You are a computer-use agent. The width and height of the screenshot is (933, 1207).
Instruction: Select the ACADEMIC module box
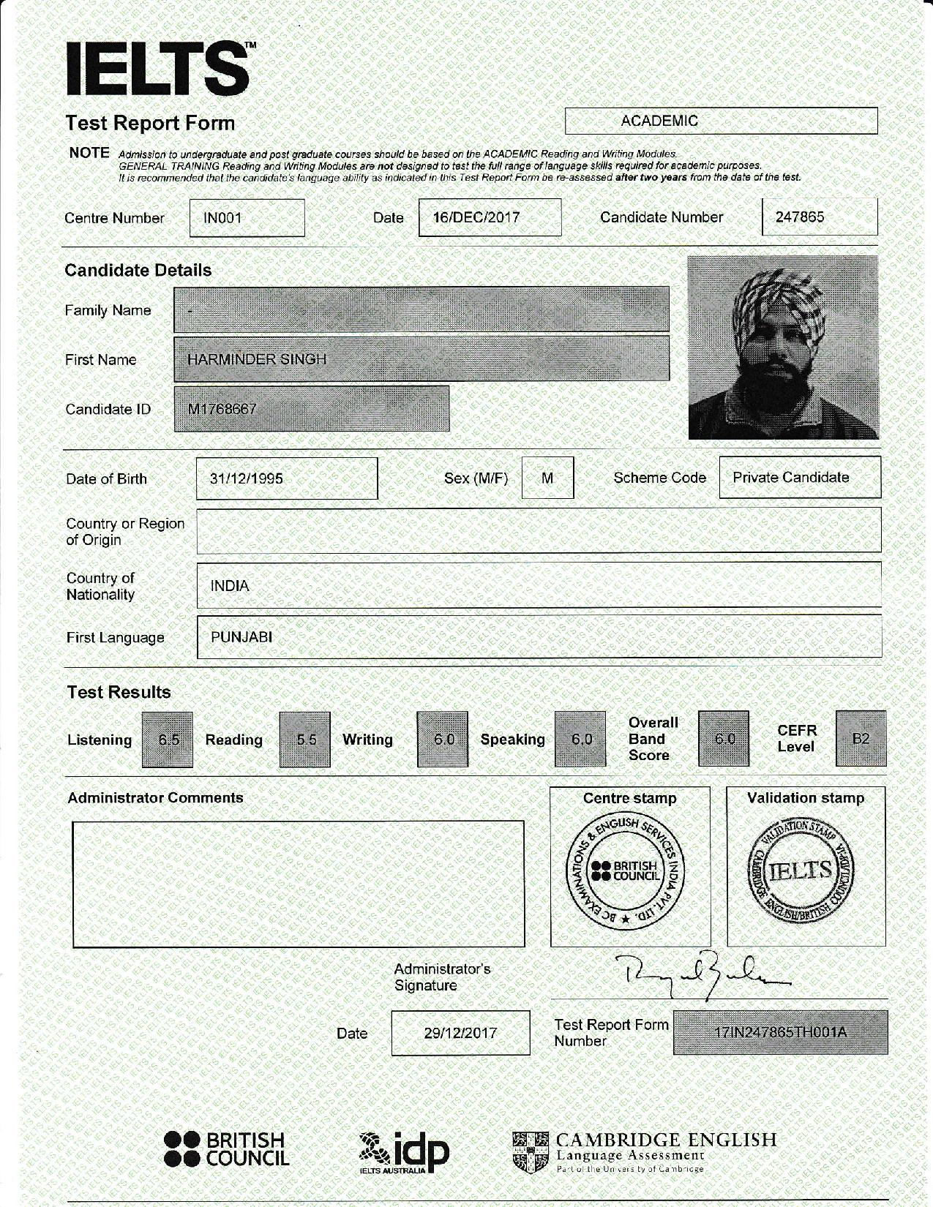click(x=721, y=121)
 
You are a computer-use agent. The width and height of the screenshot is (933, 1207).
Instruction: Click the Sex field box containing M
click(x=547, y=478)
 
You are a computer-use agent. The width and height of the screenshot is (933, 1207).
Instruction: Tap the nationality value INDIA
click(x=230, y=586)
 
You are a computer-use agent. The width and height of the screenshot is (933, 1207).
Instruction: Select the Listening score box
click(x=168, y=740)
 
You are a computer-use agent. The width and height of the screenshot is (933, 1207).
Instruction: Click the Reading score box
click(x=305, y=740)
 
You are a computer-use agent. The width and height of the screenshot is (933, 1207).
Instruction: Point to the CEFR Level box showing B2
click(x=861, y=739)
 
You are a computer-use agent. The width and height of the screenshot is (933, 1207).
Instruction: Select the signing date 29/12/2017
click(x=460, y=1033)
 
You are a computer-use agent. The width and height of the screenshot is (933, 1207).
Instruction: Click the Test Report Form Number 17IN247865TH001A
click(x=780, y=1032)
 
